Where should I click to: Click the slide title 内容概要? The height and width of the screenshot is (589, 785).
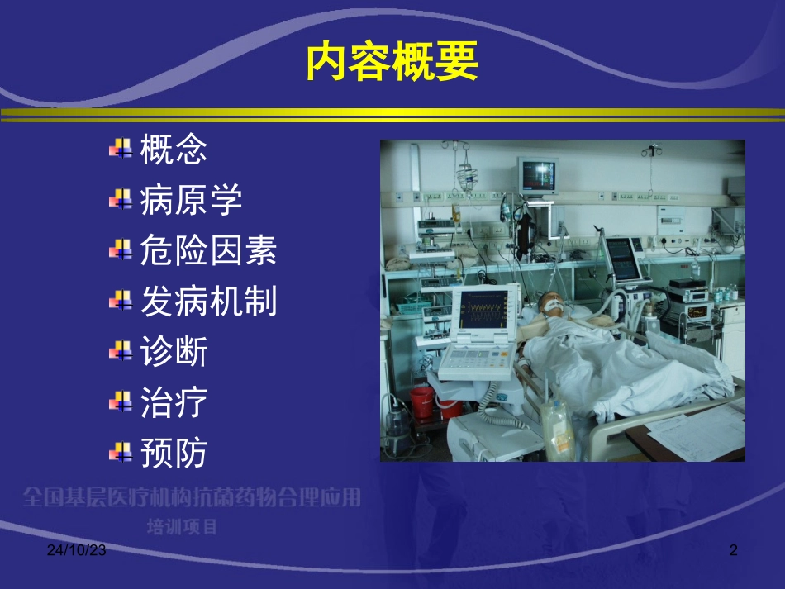(392, 63)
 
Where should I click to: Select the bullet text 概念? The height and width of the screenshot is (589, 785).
(174, 150)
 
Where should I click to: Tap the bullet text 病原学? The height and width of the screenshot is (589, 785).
(191, 200)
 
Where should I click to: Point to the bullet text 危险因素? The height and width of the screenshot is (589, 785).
(208, 251)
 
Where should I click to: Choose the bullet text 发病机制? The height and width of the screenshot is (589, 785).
(208, 302)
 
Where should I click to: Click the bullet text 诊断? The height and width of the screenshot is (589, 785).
(174, 353)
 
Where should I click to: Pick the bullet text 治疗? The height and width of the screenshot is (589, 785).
(174, 403)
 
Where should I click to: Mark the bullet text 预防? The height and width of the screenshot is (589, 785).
(174, 454)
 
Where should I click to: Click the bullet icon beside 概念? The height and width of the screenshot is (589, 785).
(121, 150)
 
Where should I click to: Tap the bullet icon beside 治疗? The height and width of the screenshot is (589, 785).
(121, 403)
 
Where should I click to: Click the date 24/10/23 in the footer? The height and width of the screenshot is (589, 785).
(75, 549)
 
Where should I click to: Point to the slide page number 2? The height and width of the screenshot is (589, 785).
(731, 549)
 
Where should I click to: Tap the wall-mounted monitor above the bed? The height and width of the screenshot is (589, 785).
(538, 174)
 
